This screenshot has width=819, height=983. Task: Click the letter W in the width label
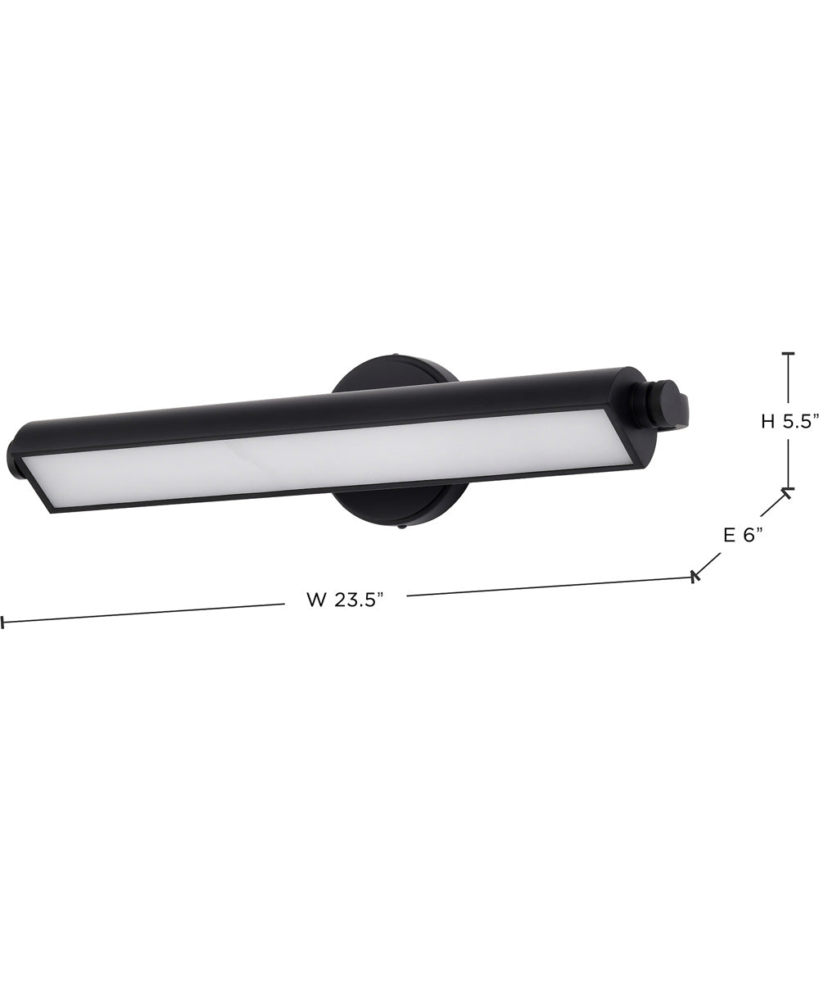[x=316, y=600]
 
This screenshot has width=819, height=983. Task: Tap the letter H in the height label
[x=767, y=422]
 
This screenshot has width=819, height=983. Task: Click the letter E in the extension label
[x=728, y=535]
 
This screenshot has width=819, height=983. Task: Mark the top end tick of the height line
[x=789, y=353]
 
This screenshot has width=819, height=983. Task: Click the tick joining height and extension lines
[x=788, y=491]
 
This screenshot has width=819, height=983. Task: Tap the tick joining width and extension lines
[x=695, y=577]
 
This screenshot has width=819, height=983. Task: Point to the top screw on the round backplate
[x=396, y=356]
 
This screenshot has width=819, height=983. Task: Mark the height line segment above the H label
[x=789, y=381]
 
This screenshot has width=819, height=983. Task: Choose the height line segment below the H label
[x=789, y=463]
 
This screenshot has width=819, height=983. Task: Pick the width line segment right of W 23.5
[x=549, y=587]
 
